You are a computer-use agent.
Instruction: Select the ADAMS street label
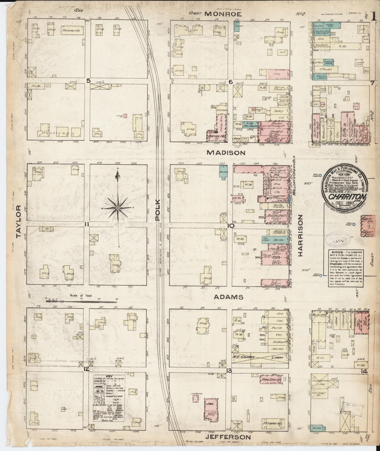coord(228,297)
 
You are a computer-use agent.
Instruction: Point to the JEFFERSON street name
coord(227,437)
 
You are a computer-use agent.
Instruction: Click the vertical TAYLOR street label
coord(19,222)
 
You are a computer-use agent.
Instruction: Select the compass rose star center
coord(118,208)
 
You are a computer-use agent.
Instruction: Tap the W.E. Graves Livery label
coord(259,357)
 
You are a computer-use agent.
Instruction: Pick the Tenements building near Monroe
coord(70,31)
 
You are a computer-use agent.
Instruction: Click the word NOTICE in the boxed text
coord(335,252)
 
